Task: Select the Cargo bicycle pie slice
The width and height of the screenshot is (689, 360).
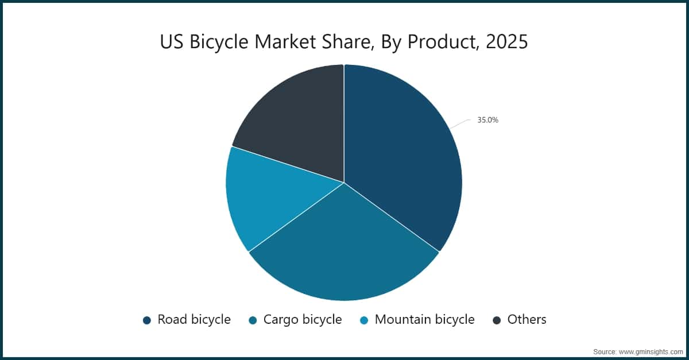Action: click(344, 253)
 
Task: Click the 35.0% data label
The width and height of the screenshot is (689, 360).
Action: click(487, 121)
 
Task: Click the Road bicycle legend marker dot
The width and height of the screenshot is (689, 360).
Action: click(147, 320)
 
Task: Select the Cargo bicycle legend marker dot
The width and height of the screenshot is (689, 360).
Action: click(253, 320)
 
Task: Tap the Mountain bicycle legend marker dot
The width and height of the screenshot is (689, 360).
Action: click(364, 320)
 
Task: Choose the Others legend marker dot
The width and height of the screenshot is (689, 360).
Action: click(497, 320)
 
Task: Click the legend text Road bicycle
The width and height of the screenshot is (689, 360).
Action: click(194, 320)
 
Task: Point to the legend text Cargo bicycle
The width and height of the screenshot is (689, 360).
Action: click(303, 320)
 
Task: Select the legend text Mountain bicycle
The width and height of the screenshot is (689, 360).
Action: click(424, 320)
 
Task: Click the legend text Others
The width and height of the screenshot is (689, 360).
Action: click(527, 320)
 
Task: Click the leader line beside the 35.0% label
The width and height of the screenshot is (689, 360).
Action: click(460, 123)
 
